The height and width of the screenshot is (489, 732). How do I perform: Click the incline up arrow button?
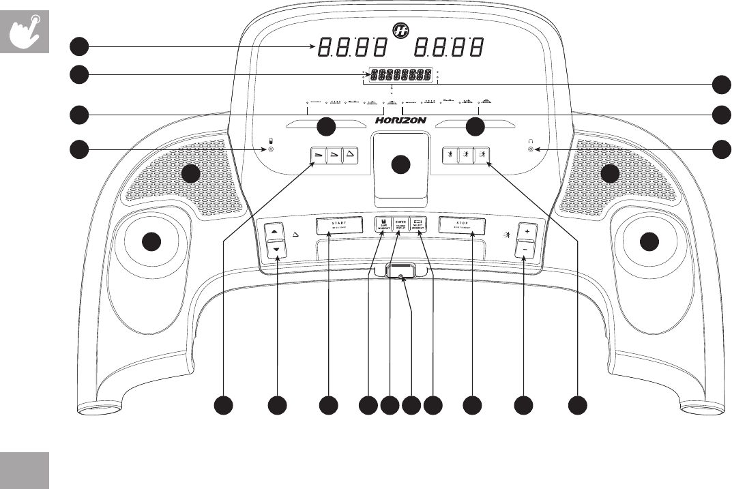(276, 232)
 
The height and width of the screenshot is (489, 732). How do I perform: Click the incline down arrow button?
(276, 250)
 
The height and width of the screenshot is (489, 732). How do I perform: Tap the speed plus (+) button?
(525, 232)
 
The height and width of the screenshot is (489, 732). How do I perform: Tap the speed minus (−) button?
(525, 250)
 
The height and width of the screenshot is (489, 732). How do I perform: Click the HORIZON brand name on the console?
(400, 120)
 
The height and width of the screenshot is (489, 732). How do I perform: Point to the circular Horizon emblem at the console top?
(400, 30)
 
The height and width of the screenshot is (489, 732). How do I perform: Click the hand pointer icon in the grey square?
(25, 31)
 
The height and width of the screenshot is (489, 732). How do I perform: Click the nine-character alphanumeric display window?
(400, 74)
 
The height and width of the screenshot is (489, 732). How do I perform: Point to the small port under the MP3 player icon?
(272, 149)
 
